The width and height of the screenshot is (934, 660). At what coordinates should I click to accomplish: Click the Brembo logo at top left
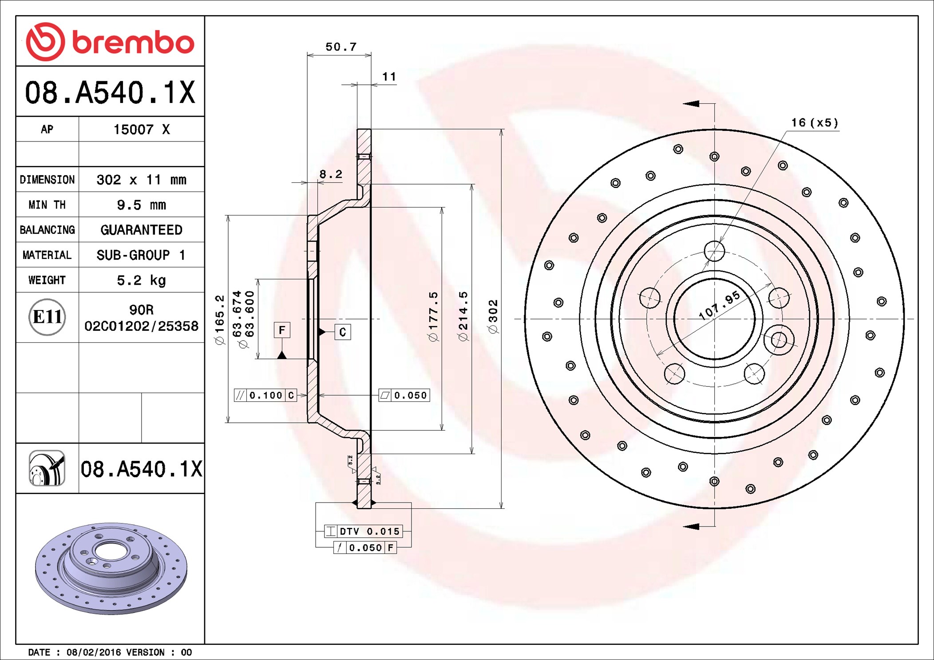(x=110, y=42)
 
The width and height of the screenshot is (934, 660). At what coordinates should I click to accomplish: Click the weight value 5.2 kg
(x=141, y=280)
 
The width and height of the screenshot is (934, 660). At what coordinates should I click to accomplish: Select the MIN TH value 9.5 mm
(x=141, y=205)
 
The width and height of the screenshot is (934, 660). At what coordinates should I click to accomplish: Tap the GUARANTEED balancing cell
(x=141, y=230)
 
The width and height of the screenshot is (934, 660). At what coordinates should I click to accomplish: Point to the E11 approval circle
(x=47, y=317)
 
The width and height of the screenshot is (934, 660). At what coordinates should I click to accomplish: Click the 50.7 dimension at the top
(x=340, y=47)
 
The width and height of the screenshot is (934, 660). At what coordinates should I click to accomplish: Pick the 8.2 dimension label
(x=331, y=174)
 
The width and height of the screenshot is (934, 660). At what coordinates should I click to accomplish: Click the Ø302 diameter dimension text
(x=493, y=316)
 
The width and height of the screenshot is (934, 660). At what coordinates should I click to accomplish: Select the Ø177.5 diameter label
(x=433, y=316)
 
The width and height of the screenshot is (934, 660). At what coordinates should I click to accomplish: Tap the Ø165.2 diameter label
(x=220, y=319)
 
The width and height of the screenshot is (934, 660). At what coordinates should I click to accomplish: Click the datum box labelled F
(x=282, y=330)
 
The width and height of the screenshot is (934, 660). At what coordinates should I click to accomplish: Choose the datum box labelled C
(x=342, y=332)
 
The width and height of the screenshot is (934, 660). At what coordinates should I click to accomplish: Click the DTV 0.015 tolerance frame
(x=364, y=531)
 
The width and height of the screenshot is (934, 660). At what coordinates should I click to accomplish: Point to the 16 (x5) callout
(x=815, y=123)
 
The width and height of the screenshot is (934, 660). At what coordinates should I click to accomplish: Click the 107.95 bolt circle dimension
(x=719, y=305)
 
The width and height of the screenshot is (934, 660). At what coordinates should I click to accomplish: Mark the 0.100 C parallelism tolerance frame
(x=265, y=395)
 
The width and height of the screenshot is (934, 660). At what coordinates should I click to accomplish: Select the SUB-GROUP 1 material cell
(x=141, y=255)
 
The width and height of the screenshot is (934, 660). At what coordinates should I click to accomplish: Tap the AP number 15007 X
(x=141, y=130)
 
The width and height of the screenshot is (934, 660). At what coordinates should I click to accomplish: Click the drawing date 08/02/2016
(x=93, y=652)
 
